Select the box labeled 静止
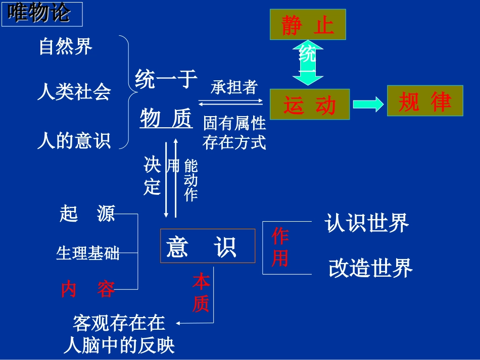308,25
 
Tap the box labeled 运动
309,105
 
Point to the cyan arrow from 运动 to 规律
368,105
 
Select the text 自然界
66,47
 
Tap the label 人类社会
74,93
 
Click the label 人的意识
74,141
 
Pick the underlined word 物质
166,119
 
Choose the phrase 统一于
166,80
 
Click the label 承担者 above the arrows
234,87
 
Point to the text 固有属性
234,123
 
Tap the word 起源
87,214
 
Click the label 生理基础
87,253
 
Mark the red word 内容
87,289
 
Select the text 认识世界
366,223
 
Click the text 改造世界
370,268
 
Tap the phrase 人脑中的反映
119,345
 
